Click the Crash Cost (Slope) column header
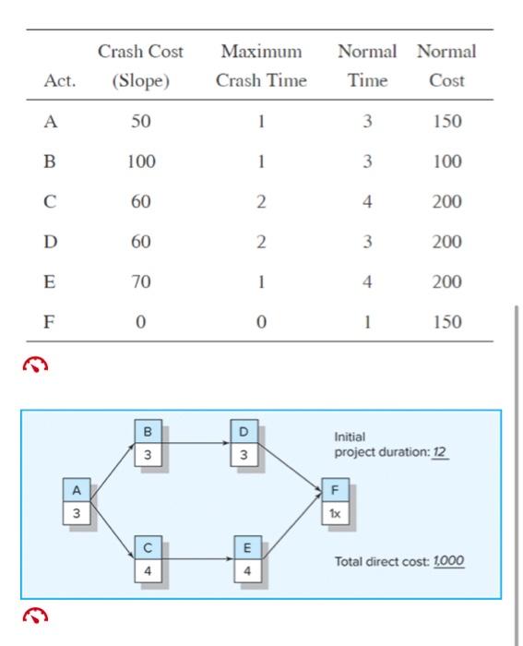(x=140, y=66)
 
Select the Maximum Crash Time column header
(x=261, y=66)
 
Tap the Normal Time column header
(x=367, y=66)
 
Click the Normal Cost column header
(x=446, y=66)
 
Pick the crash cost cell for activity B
(x=140, y=161)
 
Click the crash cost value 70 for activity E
(x=140, y=281)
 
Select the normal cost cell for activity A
(x=446, y=122)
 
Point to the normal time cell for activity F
(x=367, y=322)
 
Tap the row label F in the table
(x=50, y=322)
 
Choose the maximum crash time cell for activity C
(x=261, y=202)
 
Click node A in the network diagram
(x=77, y=501)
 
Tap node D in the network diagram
(x=244, y=443)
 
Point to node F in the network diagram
(x=335, y=501)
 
